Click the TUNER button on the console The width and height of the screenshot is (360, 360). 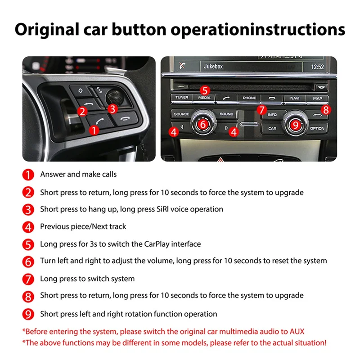pos(182,98)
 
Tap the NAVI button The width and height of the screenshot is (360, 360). pos(295,98)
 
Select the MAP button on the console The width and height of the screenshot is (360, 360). pos(317,98)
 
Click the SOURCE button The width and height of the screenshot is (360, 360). pos(181,114)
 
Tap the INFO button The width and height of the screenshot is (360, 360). pos(272,115)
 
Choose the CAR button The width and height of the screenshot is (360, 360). pos(272,128)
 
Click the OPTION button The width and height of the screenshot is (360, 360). pos(317,128)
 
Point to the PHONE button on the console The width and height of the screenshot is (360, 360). pos(249,98)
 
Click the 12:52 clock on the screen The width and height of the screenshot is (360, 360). pos(317,67)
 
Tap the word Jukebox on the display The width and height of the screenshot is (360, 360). pos(213,67)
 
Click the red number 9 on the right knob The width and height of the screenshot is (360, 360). pos(295,125)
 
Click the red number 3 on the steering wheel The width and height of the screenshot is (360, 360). pos(112,108)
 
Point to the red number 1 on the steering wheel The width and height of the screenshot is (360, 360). pos(94,130)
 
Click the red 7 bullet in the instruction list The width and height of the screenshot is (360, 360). pos(28,279)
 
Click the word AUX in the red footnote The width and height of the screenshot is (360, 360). pos(297,332)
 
